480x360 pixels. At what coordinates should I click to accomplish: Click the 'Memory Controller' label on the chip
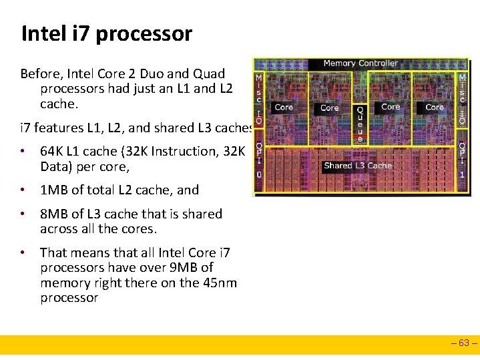[x=361, y=63]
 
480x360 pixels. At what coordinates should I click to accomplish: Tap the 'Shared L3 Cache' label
[x=358, y=166]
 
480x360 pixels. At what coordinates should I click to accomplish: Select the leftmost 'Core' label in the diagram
[x=284, y=107]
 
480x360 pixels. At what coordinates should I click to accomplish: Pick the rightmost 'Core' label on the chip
[x=435, y=107]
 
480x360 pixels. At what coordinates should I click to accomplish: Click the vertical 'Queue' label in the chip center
[x=361, y=124]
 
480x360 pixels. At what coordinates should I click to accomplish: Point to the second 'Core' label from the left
[x=330, y=108]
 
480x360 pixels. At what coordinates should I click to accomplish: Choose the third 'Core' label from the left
[x=391, y=107]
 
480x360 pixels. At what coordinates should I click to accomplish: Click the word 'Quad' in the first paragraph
[x=208, y=73]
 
